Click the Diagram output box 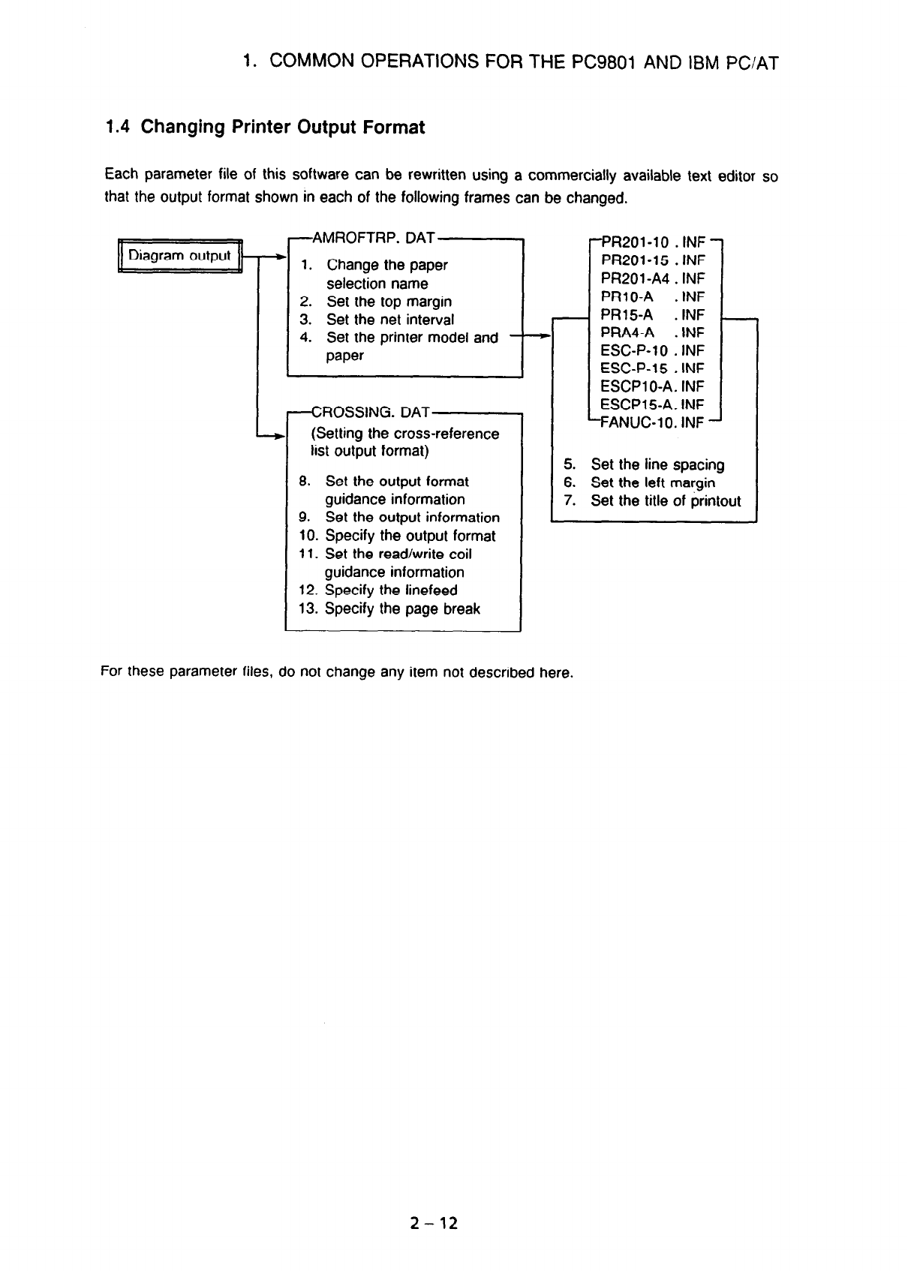tap(179, 256)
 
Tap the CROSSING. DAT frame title tap(371, 412)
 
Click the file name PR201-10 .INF tap(653, 242)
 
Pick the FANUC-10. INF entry tap(651, 422)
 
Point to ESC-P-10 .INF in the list tap(653, 350)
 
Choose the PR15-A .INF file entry tap(653, 314)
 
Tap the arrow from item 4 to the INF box tap(531, 338)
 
